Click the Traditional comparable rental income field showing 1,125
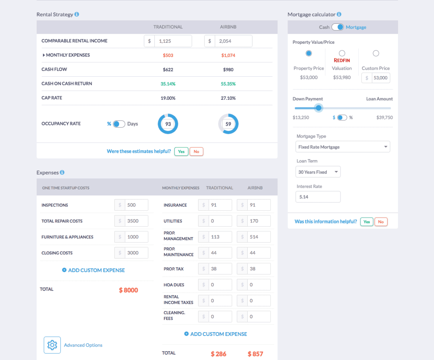pyautogui.click(x=172, y=41)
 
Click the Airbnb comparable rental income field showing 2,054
pyautogui.click(x=233, y=41)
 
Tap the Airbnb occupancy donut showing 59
pyautogui.click(x=228, y=124)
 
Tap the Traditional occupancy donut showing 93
pyautogui.click(x=168, y=124)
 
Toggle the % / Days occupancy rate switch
pyautogui.click(x=119, y=124)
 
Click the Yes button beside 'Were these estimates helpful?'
pyautogui.click(x=181, y=151)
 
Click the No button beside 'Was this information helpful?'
pyautogui.click(x=381, y=222)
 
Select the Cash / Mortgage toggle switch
pyautogui.click(x=338, y=27)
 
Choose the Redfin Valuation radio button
pyautogui.click(x=342, y=53)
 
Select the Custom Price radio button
pyautogui.click(x=376, y=53)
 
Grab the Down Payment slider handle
pyautogui.click(x=318, y=108)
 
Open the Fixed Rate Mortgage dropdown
pyautogui.click(x=343, y=147)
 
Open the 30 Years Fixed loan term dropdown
pyautogui.click(x=318, y=172)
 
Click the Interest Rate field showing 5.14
pyautogui.click(x=318, y=197)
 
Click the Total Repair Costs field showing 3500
pyautogui.click(x=136, y=221)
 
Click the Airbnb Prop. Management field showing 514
pyautogui.click(x=259, y=237)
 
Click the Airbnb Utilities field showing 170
pyautogui.click(x=259, y=221)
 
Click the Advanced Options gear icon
pyautogui.click(x=52, y=345)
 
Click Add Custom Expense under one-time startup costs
pyautogui.click(x=93, y=270)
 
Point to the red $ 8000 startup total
pyautogui.click(x=128, y=290)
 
